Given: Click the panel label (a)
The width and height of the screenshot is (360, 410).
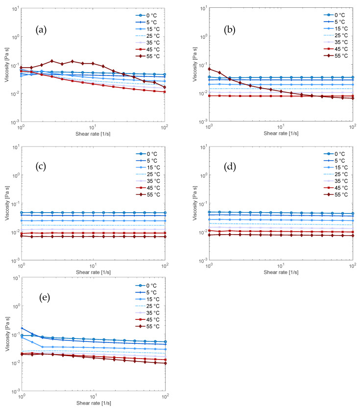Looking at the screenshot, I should click(x=41, y=30).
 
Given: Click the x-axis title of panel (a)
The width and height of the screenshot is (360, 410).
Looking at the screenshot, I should click(x=93, y=133).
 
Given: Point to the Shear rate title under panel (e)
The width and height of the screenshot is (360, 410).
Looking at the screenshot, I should click(x=93, y=402).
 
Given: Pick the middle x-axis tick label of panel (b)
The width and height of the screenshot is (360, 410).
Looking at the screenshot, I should click(x=281, y=127).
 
